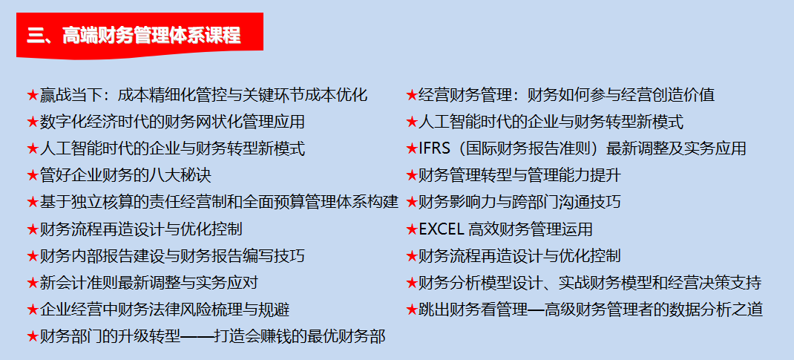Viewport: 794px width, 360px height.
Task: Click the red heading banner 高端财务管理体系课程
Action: tap(140, 36)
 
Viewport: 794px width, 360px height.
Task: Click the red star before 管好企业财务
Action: tap(33, 176)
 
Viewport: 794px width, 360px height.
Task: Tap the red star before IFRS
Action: tap(412, 148)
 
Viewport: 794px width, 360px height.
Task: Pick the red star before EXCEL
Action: tap(412, 229)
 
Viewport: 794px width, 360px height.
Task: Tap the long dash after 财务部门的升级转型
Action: tap(197, 337)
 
